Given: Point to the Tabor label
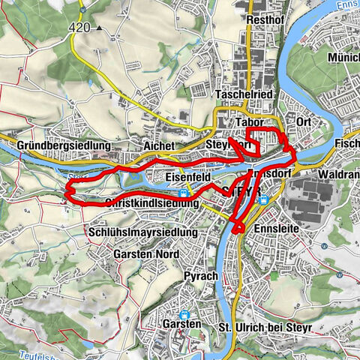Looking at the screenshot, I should pos(249,122).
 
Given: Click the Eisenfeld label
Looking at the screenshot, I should pos(187,177).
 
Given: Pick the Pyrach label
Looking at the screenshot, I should pos(200,276).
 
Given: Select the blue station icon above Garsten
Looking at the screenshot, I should pos(184,314).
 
